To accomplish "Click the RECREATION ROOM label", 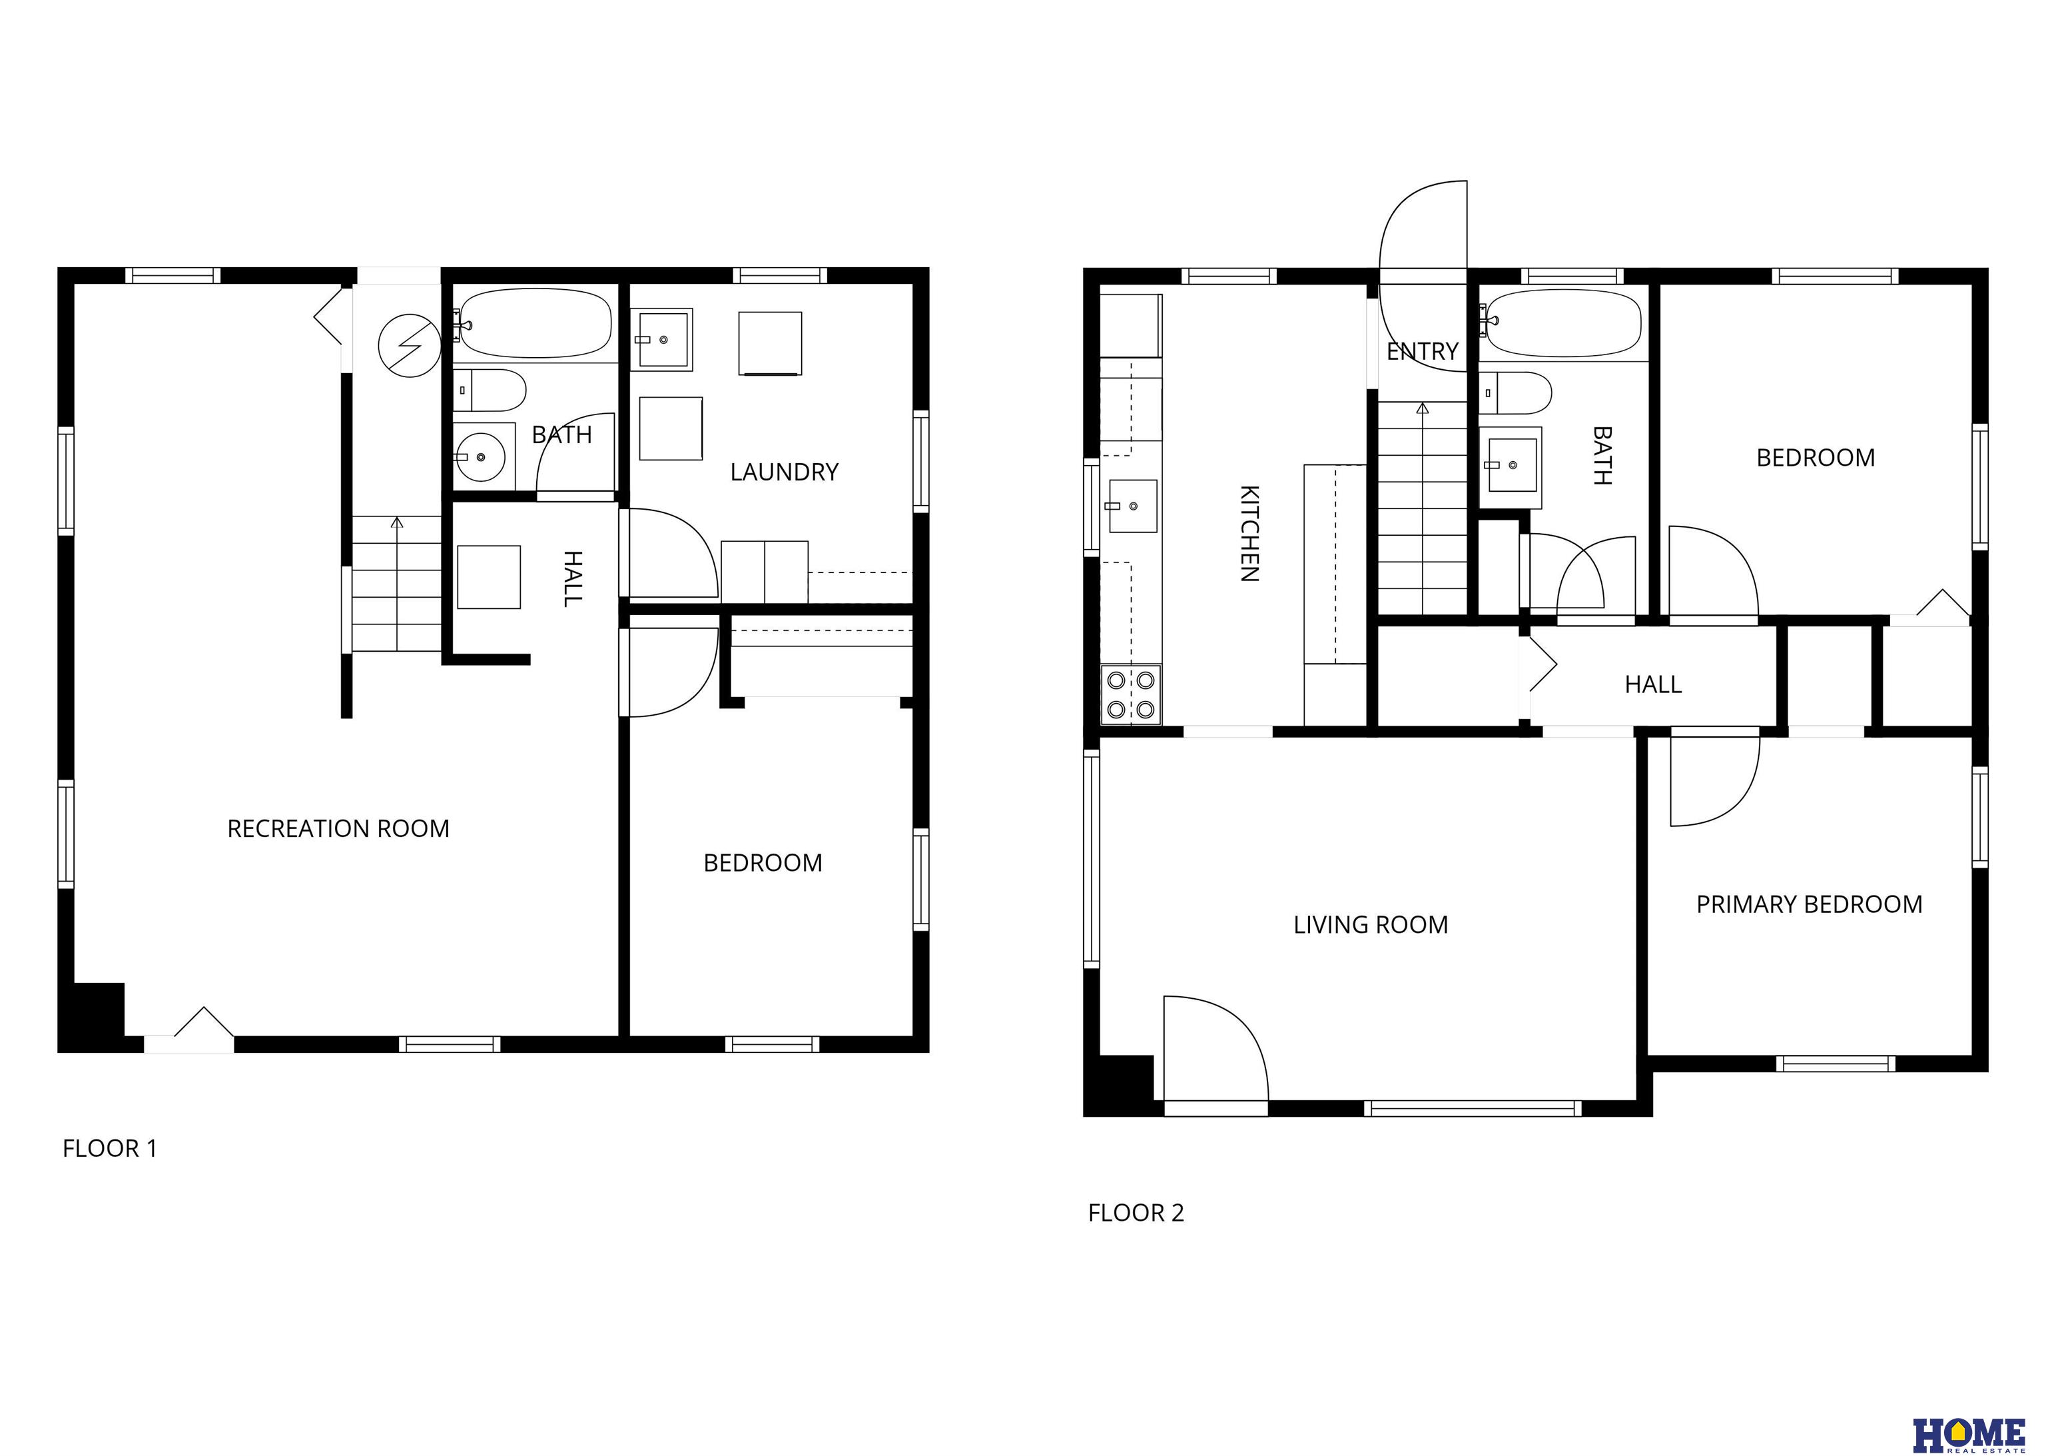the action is tap(338, 828).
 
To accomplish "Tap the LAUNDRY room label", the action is tap(784, 472).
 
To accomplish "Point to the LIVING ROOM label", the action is tap(1370, 924).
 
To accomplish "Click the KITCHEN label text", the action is tap(1249, 534).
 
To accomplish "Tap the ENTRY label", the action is tap(1422, 351).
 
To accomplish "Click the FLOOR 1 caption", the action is tap(109, 1149).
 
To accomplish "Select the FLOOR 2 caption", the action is tap(1136, 1213).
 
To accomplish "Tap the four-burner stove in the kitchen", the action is tap(1131, 695).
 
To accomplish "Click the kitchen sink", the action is tap(1132, 506).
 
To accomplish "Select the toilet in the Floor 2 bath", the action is tap(1515, 392).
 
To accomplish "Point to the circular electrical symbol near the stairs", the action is tap(410, 345).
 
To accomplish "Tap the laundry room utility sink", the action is tap(661, 340).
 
